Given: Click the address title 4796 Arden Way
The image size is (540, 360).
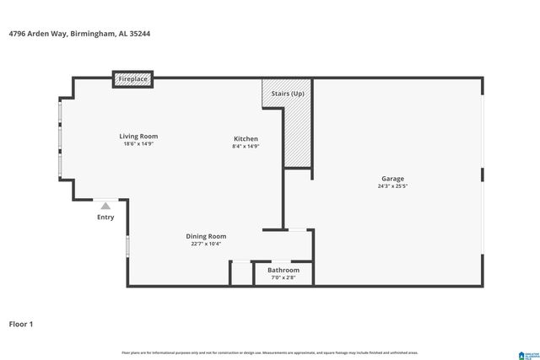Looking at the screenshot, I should tap(80, 35).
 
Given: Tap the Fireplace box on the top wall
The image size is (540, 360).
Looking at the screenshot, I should tap(132, 79).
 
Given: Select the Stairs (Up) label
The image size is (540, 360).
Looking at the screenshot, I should tap(286, 93).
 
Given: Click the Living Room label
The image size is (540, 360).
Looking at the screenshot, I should tap(138, 136).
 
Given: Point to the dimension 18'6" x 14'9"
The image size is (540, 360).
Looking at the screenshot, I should tap(138, 144).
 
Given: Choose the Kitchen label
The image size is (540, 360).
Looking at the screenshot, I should tap(246, 138).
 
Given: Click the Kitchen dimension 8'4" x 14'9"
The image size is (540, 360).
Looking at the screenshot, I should tap(246, 147).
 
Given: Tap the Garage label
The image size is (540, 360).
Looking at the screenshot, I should tap(392, 179).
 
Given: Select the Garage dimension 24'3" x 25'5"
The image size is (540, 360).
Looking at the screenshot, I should tap(392, 186).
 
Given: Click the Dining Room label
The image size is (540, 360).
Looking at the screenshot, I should tap(206, 236).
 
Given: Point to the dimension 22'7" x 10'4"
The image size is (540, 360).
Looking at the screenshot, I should tap(206, 244).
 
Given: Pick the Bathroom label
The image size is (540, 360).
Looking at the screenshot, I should tap(283, 270).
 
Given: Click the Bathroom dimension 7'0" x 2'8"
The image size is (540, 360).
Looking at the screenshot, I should tap(283, 277).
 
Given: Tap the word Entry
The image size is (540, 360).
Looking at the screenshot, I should tap(105, 218).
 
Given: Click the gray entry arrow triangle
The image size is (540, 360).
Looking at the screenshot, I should tap(105, 205).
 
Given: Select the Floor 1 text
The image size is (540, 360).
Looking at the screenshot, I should tap(21, 324).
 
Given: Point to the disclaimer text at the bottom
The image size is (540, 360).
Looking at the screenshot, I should tap(270, 352).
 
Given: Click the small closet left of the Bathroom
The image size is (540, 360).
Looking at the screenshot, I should tap(241, 273).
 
